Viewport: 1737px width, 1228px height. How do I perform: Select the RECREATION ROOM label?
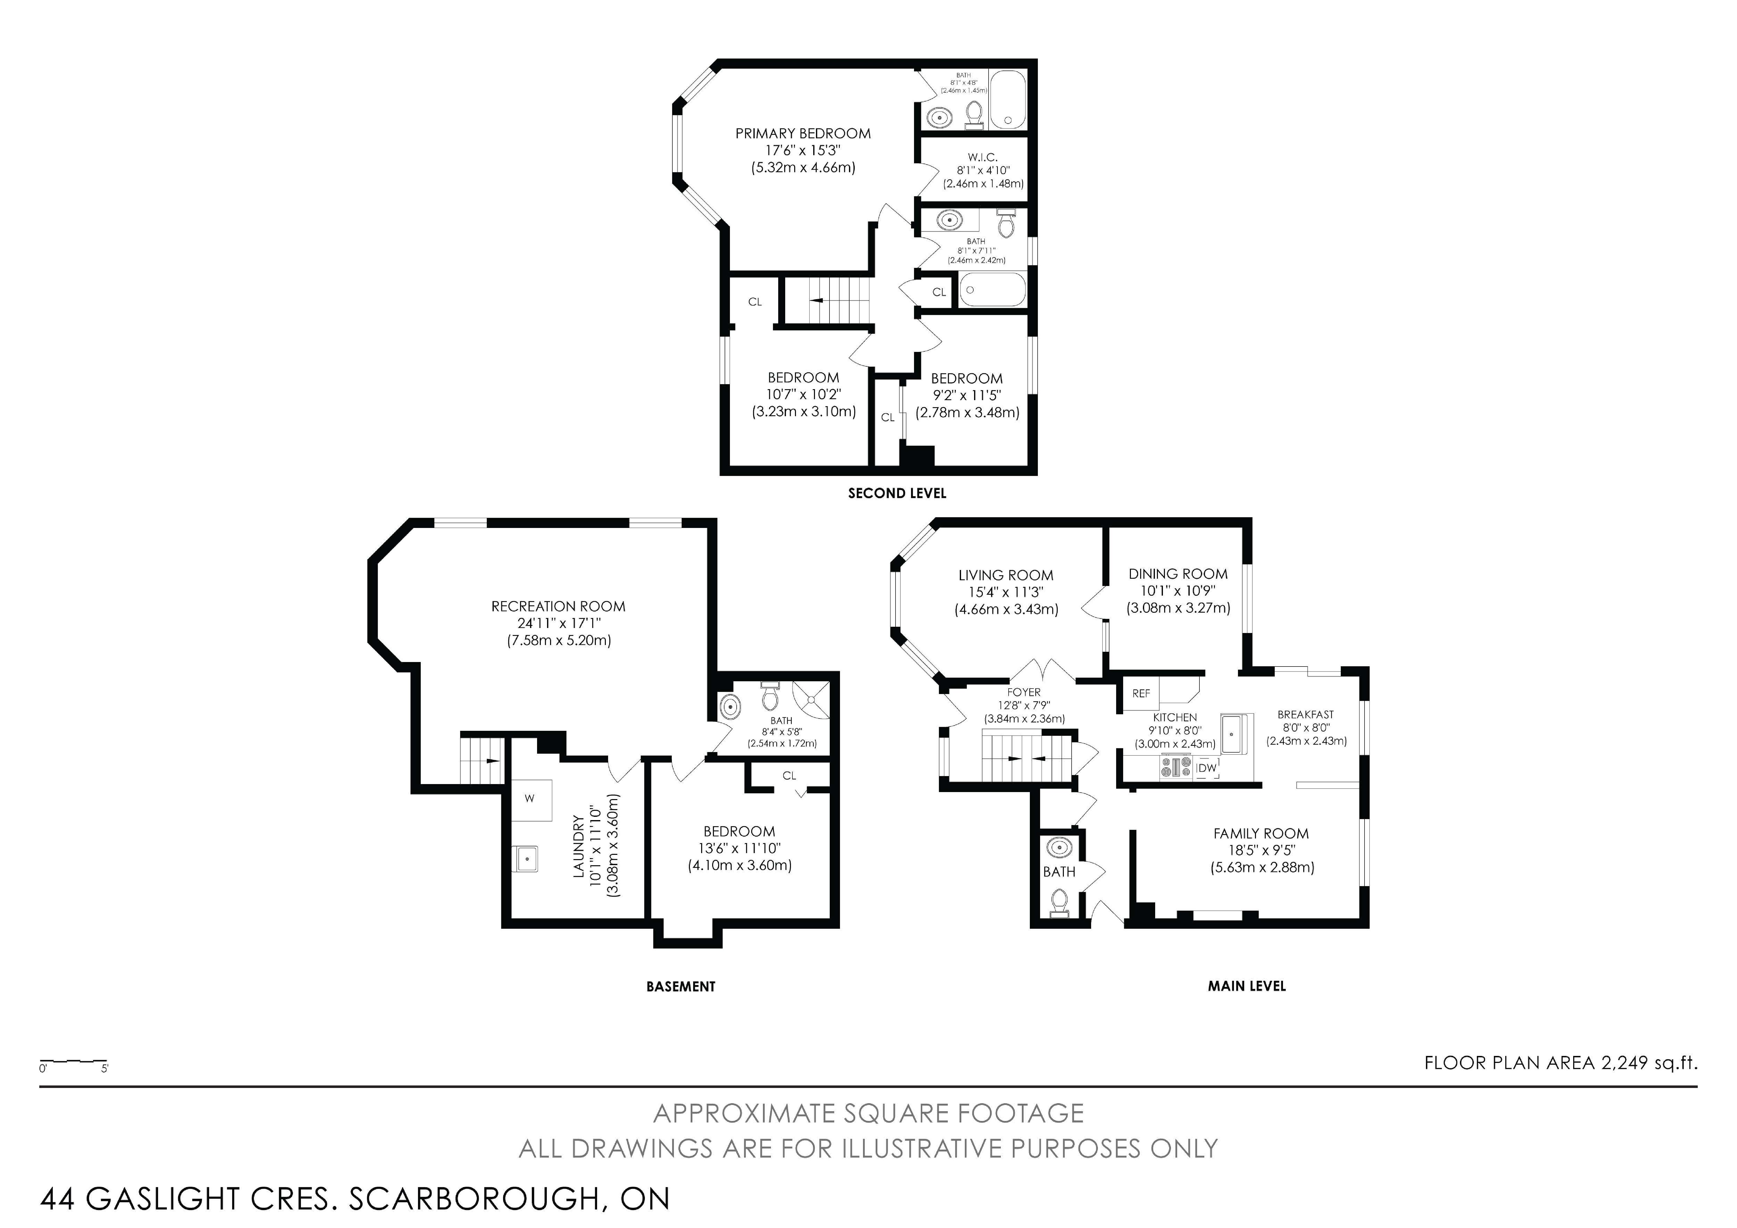[558, 606]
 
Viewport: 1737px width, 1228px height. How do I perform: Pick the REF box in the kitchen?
[1141, 693]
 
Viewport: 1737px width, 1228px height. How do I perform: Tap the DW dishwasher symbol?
[1207, 768]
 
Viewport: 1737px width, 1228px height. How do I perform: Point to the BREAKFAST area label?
[1306, 714]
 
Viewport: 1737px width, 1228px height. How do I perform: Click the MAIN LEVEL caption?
[1247, 986]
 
